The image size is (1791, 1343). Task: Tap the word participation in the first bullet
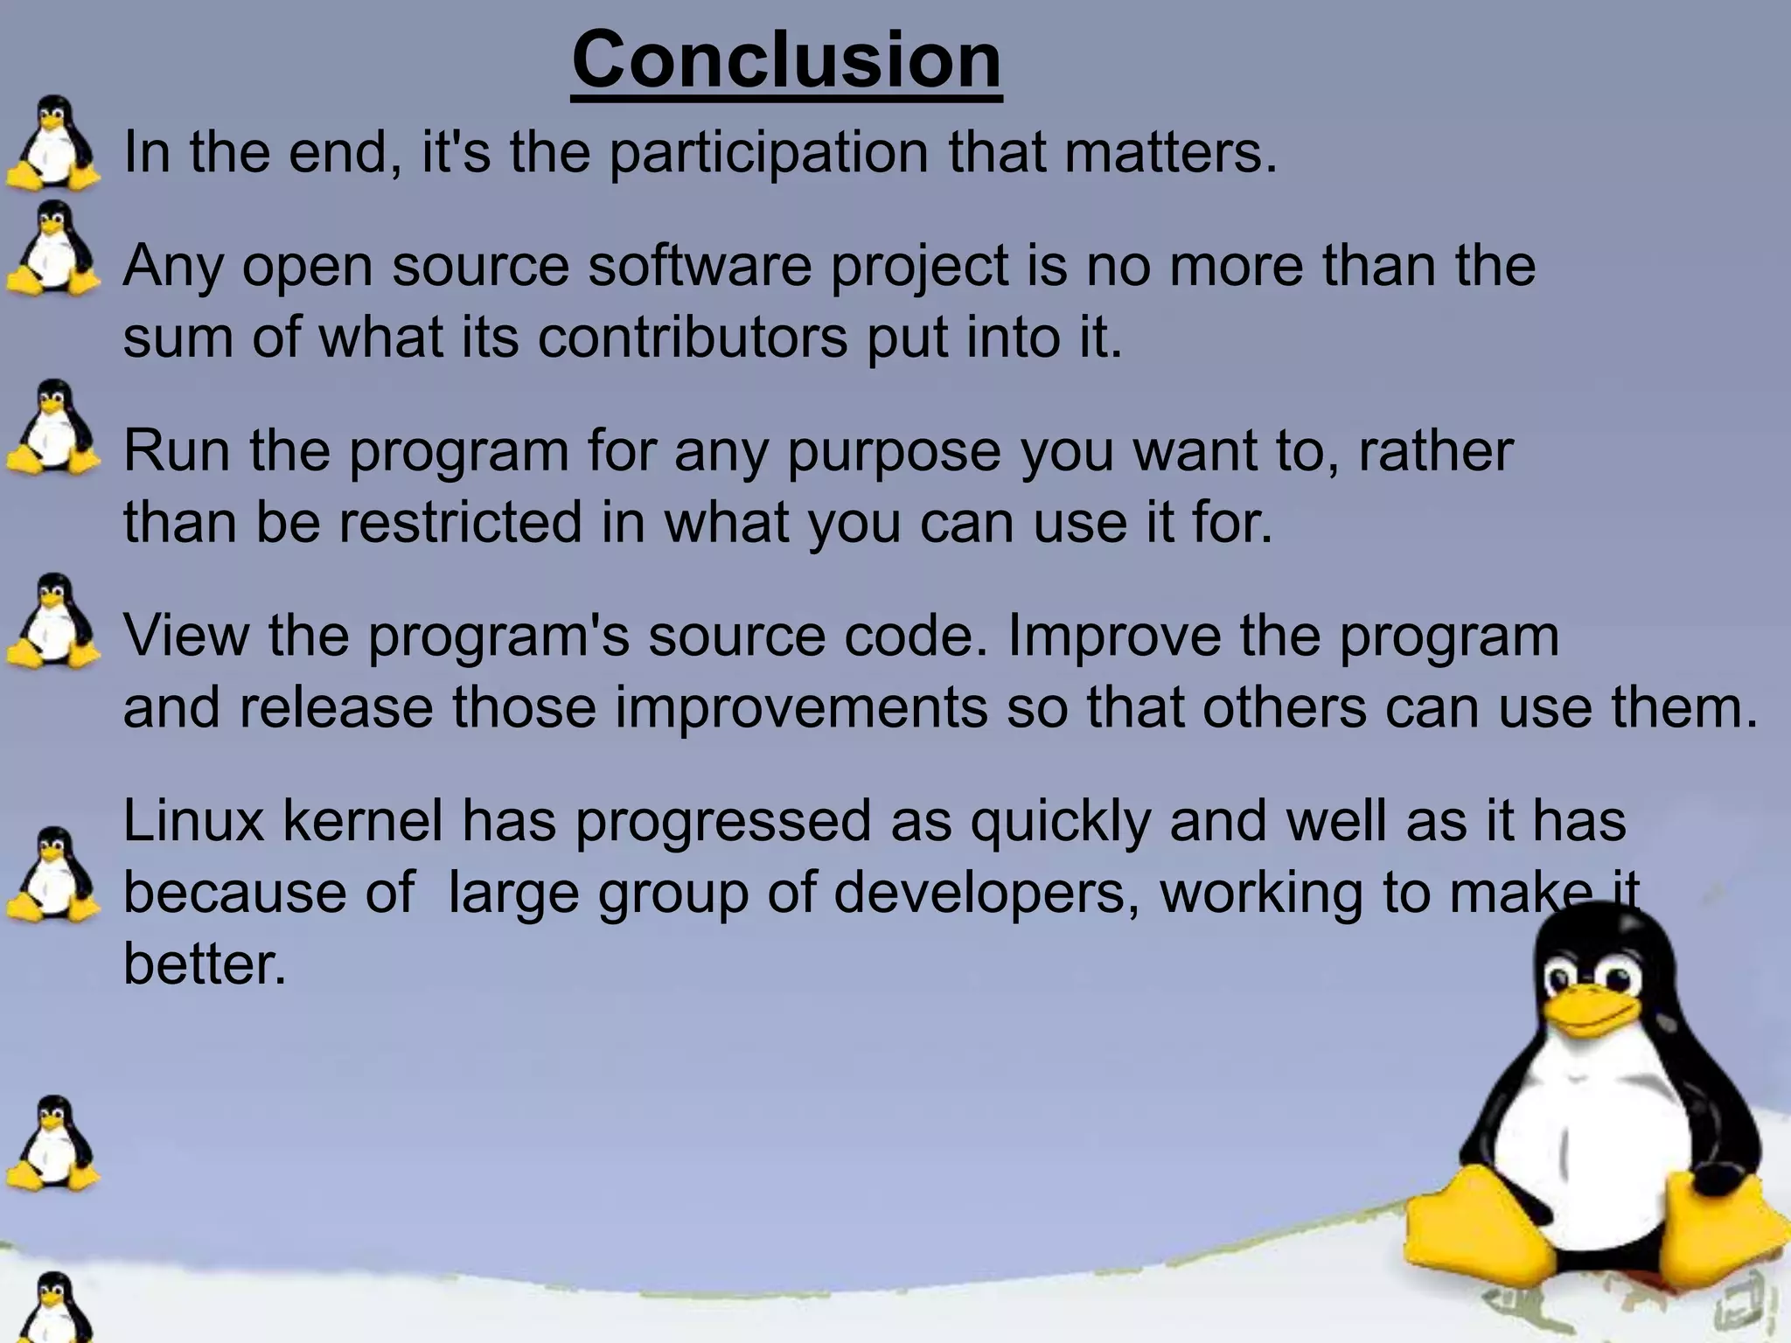click(768, 153)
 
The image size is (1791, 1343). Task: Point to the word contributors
click(693, 337)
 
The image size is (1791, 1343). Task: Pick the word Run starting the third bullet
click(178, 451)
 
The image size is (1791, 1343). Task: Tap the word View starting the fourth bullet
click(185, 636)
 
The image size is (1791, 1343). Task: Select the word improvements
click(801, 707)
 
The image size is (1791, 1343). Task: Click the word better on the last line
click(205, 964)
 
